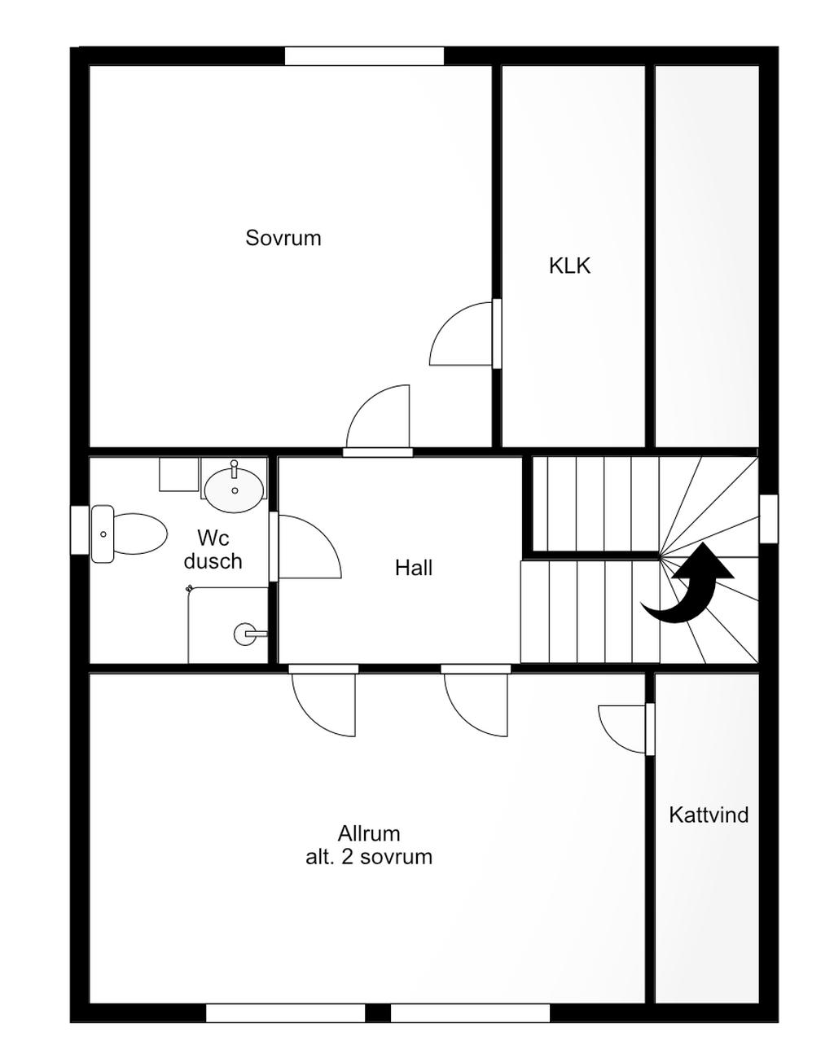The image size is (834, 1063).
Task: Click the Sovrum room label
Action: click(283, 238)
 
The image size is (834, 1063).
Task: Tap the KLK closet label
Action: click(569, 266)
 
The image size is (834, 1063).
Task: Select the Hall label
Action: click(413, 568)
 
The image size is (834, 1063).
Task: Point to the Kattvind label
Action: click(709, 815)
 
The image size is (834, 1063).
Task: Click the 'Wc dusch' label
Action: click(213, 549)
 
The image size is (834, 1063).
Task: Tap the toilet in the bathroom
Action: click(129, 534)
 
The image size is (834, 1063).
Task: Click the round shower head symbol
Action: click(244, 634)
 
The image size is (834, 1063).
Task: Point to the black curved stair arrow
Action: click(688, 583)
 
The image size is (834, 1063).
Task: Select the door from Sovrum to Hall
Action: click(378, 420)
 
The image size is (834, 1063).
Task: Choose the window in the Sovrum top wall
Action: click(364, 55)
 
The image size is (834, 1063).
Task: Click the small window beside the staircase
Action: click(769, 519)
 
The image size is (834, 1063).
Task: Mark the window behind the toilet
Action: click(80, 530)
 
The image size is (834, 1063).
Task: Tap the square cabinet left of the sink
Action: click(179, 475)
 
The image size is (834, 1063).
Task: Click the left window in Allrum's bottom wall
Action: click(286, 1009)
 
